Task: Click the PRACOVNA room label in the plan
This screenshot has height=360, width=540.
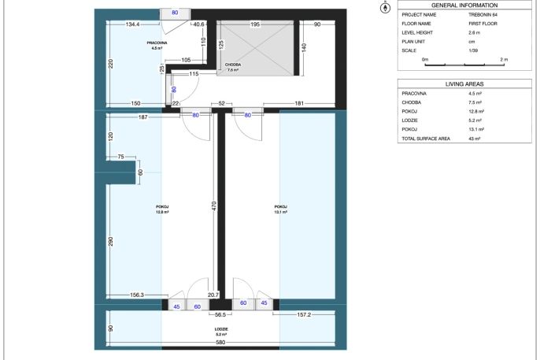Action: pos(157,43)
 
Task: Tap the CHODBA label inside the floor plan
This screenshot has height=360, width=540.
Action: pos(233,65)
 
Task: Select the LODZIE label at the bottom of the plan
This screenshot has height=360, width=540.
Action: pos(220,329)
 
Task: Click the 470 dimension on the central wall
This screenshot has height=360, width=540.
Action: pos(214,206)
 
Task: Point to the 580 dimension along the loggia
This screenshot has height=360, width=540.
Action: pos(220,342)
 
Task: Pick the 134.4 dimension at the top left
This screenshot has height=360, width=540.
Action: pos(132,24)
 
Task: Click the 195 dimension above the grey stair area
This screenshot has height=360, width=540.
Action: pos(255,24)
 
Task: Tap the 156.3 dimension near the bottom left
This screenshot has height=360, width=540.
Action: pos(137,295)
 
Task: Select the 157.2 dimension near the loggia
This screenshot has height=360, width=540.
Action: pos(304,314)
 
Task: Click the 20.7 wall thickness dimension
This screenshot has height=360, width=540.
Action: pos(213,295)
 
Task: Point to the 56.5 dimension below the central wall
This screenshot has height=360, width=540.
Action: pos(220,315)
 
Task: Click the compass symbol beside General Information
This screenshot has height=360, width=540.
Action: pos(385,8)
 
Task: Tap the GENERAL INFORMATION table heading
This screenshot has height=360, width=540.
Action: pos(464,6)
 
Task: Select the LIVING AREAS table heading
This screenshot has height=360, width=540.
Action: pos(464,84)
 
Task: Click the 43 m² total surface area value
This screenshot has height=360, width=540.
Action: pos(474,139)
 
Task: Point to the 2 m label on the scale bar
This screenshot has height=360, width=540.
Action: pos(504,60)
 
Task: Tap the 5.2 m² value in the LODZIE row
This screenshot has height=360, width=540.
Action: pos(475,121)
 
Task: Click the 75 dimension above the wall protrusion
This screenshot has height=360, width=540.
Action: pos(120,157)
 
